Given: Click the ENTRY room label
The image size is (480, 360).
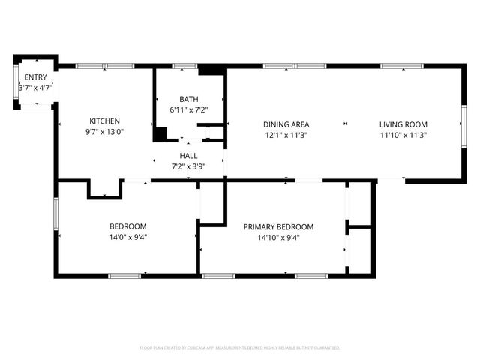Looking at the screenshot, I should point(34,77).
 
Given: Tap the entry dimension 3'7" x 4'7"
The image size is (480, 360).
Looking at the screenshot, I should point(34,88).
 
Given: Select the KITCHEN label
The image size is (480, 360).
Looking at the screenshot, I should point(104,121).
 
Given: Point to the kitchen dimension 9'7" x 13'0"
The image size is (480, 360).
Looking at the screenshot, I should point(104,132).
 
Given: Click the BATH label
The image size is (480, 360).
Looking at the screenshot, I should point(188,99).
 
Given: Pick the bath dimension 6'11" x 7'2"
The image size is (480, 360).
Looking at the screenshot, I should point(188,110).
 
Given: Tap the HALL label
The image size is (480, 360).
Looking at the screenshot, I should point(188,155).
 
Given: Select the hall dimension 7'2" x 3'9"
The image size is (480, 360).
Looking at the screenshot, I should point(188,166).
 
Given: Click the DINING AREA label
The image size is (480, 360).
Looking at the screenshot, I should point(286,124).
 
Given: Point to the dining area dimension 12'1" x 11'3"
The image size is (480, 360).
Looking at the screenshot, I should point(286,136).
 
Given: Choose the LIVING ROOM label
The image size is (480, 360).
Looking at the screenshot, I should point(403,124).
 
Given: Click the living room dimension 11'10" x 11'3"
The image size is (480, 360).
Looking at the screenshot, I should point(403,136).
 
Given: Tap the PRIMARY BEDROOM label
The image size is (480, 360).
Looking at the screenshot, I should point(278,226).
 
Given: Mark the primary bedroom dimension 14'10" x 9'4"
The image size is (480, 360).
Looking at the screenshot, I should point(278,238).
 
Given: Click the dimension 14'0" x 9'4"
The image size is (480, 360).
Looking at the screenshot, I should point(128,238).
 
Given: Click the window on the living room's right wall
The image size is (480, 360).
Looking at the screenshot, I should point(463,124).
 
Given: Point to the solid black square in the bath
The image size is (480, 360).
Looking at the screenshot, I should point(160,134).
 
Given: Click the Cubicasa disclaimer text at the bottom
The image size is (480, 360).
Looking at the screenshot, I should point(240,348).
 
